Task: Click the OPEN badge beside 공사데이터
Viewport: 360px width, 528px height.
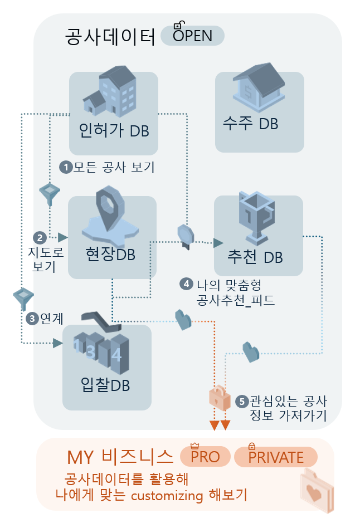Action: coord(192,36)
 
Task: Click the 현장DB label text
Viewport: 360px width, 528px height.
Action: coord(111,253)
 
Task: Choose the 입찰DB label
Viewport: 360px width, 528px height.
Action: coord(106,385)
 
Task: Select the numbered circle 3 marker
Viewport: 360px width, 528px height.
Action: coord(33,319)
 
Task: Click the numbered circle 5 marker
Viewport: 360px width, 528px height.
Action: coord(242,400)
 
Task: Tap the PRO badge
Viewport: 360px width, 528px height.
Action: coord(205,457)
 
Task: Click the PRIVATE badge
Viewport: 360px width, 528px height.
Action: coord(275,457)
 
